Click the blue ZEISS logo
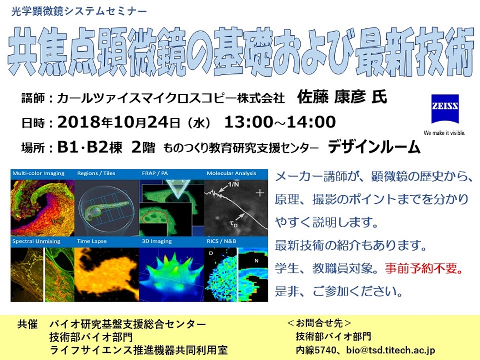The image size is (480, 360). point(445,109)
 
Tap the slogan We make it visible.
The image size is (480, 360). point(444,133)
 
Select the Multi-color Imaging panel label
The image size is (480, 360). point(38,173)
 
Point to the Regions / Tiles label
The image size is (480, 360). point(96,173)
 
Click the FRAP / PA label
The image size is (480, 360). point(155,173)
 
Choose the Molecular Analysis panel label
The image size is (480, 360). point(232,173)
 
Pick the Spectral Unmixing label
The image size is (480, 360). point(37,241)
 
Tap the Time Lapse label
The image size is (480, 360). point(92,241)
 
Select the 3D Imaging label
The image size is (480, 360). point(157,241)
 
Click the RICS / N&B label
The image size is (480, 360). point(221,241)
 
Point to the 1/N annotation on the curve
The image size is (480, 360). point(233,184)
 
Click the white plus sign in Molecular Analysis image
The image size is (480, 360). point(260,193)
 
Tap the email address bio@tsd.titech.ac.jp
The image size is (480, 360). point(391,350)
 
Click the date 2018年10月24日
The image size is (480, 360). point(119,122)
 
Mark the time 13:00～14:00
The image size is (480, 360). point(280,122)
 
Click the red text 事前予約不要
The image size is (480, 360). point(421,268)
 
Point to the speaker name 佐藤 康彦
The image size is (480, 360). point(331,97)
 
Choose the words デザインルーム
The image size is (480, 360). point(374,147)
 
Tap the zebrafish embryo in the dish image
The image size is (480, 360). point(106,209)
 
